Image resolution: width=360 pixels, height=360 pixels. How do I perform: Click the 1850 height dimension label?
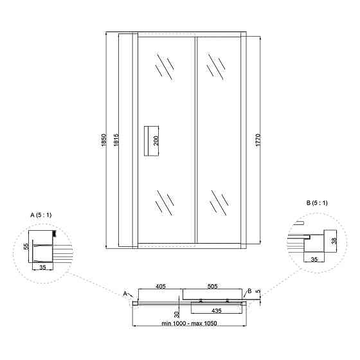(x=104, y=141)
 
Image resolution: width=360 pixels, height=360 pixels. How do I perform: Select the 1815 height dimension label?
(x=116, y=140)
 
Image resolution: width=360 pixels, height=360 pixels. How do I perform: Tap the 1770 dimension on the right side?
(x=258, y=140)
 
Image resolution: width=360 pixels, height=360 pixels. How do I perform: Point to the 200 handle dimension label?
(x=156, y=141)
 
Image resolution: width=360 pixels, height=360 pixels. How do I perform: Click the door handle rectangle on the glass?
(x=147, y=141)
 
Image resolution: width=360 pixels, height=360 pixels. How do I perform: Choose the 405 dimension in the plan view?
(x=161, y=286)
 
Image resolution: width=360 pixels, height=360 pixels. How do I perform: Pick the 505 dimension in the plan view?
(x=212, y=286)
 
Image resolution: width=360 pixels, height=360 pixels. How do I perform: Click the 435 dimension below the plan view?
(x=216, y=310)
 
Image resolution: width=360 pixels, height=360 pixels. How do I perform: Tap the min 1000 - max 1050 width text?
(x=189, y=323)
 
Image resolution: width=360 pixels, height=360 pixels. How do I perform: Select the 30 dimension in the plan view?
(x=177, y=314)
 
